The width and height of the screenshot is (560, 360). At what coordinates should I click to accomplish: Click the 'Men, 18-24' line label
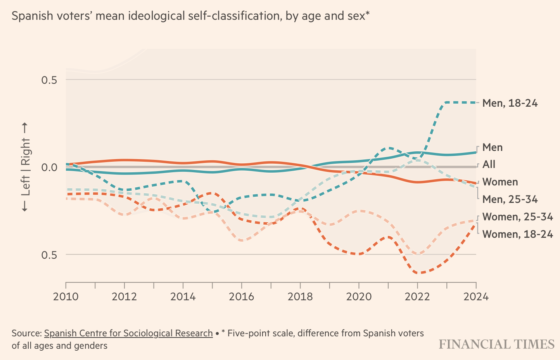(510, 103)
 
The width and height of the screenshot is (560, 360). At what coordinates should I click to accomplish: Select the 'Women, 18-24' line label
(517, 234)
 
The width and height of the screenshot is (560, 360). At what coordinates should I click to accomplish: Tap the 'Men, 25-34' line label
(510, 199)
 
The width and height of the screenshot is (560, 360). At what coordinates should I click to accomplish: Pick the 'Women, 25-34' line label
(517, 217)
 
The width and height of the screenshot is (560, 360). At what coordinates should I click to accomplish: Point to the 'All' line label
(489, 164)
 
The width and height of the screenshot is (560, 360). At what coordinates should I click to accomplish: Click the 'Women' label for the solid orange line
(500, 182)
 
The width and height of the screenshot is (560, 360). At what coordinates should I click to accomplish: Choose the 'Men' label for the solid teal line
(492, 147)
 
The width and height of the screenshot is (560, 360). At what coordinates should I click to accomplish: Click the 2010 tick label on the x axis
(66, 297)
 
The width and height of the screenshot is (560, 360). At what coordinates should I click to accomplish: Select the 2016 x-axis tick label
(241, 297)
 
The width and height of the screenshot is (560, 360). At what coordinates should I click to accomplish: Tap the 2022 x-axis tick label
(417, 297)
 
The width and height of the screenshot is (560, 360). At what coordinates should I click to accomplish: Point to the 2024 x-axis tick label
(476, 297)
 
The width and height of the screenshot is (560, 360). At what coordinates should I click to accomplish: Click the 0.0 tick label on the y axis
(49, 167)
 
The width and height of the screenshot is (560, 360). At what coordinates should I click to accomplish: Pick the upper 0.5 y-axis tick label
(49, 80)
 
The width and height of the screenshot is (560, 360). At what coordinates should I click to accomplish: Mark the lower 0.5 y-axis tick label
(49, 255)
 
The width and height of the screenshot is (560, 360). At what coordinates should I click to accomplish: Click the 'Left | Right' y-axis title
(25, 167)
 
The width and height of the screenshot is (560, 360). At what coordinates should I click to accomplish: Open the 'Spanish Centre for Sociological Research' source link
(128, 333)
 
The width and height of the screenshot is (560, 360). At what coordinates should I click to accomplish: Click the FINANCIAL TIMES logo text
(496, 344)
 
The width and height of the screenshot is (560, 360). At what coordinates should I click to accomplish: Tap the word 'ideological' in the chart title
(156, 16)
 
